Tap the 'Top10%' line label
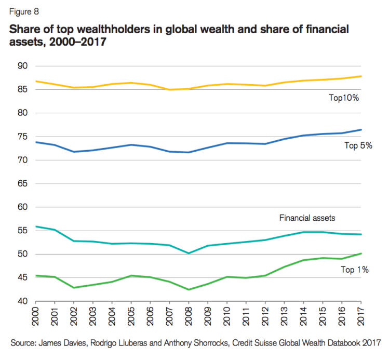click(344, 97)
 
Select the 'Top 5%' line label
click(358, 145)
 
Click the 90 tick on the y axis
click(23, 66)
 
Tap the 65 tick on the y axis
click(23, 183)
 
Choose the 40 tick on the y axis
click(23, 301)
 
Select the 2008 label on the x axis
click(189, 316)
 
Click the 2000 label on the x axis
click(35, 316)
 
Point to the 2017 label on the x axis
click(361, 316)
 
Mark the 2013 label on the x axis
click(285, 316)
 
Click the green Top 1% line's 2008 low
click(189, 289)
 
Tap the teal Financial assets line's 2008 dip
click(189, 253)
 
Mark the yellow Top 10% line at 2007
click(169, 89)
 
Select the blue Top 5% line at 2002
click(74, 152)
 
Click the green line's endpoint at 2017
click(361, 254)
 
